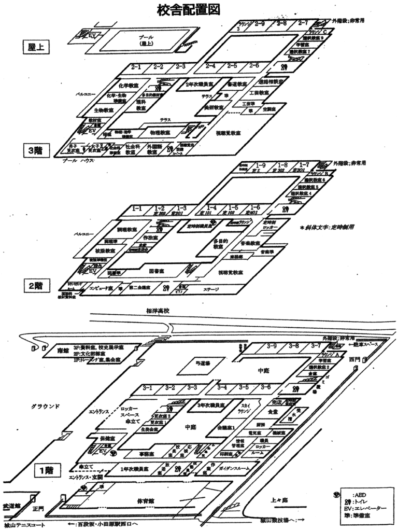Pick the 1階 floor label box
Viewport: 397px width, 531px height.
pyautogui.click(x=45, y=471)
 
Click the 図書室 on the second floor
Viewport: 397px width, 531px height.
pyautogui.click(x=157, y=270)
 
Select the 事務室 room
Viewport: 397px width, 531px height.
pyautogui.click(x=161, y=453)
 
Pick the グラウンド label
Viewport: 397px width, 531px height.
pyautogui.click(x=45, y=406)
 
